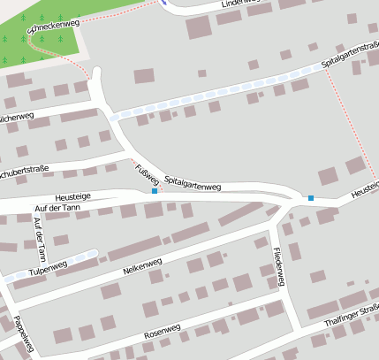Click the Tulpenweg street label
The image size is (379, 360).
47,267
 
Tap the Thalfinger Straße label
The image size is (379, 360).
351,316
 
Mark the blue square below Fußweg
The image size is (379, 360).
155,190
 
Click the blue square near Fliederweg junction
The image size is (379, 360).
310,197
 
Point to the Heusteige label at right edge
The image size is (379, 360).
364,188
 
